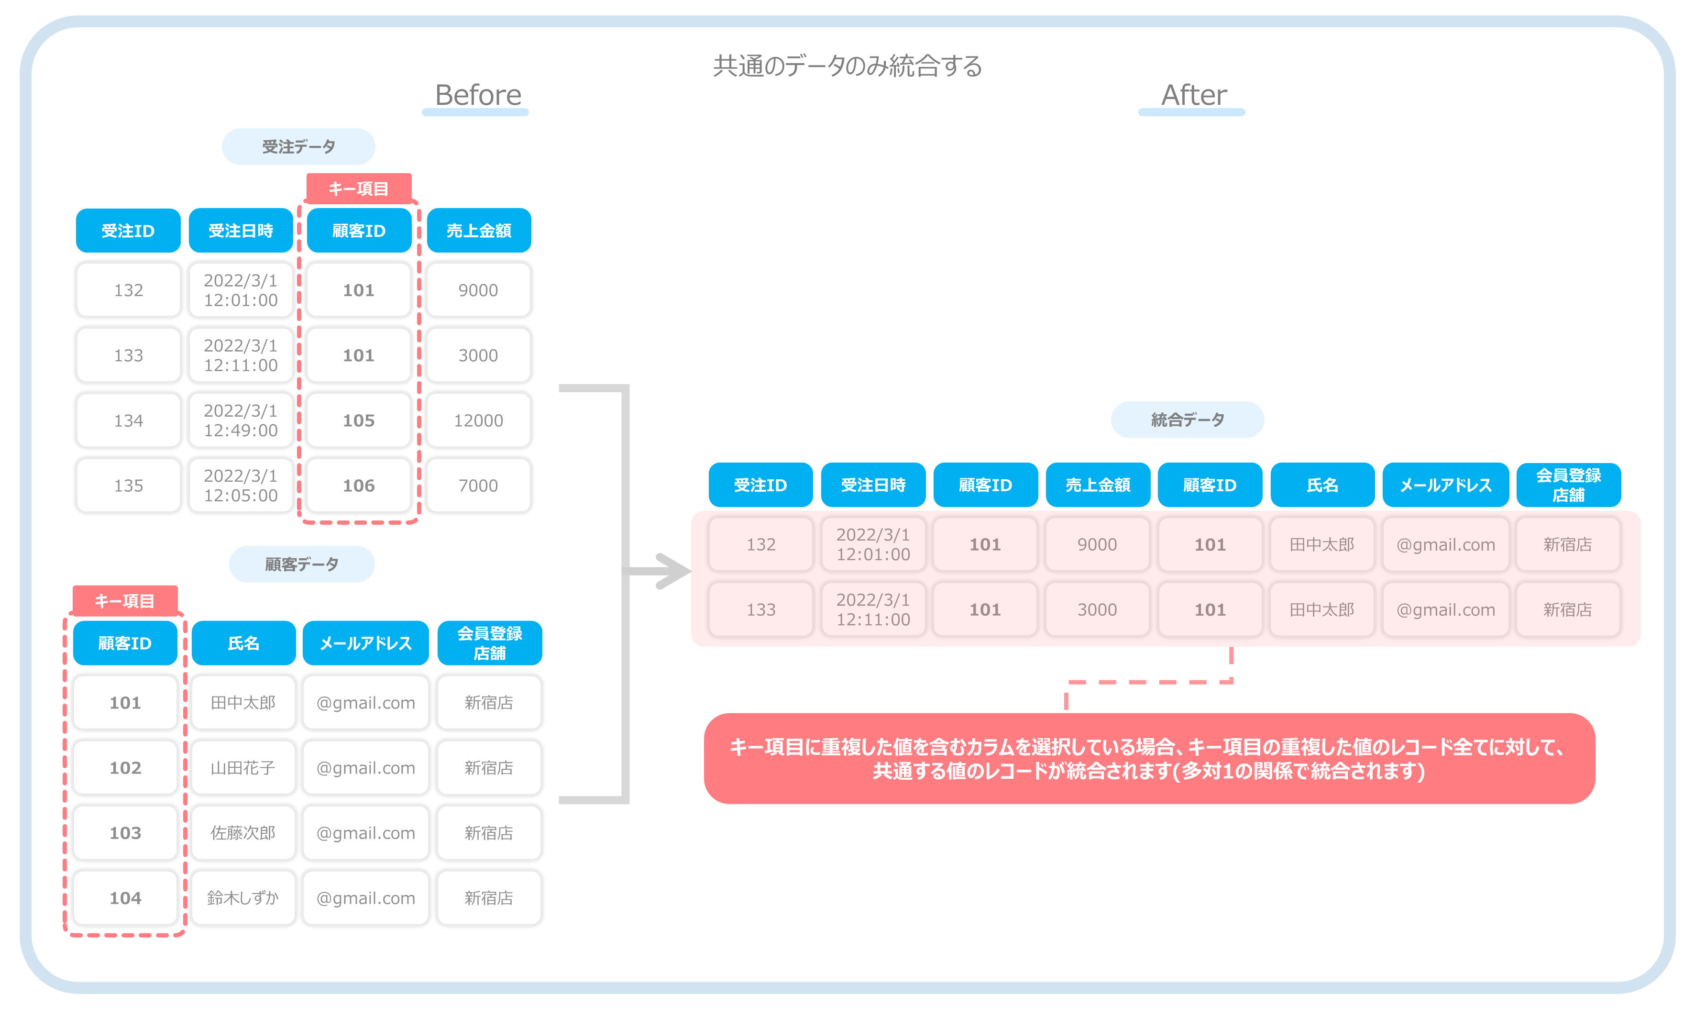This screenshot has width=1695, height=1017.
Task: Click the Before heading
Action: (477, 95)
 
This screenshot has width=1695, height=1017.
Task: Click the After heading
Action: (1193, 95)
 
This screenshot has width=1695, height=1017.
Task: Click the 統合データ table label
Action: (1188, 420)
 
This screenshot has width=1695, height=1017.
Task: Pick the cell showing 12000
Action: (478, 420)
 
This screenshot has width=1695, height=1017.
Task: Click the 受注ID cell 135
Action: (128, 485)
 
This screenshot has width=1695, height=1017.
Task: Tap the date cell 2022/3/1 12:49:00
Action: (241, 420)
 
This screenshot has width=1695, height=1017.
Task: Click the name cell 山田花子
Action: (243, 768)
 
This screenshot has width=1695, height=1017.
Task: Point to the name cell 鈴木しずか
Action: (243, 898)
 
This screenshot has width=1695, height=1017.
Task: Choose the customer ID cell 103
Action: (125, 833)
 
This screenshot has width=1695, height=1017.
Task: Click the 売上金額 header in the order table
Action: (479, 230)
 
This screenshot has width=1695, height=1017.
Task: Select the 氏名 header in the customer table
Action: (243, 643)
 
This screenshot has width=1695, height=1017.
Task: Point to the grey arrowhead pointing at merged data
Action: (671, 571)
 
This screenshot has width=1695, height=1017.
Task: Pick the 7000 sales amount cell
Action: (478, 485)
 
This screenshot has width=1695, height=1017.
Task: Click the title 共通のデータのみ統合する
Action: (847, 66)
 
